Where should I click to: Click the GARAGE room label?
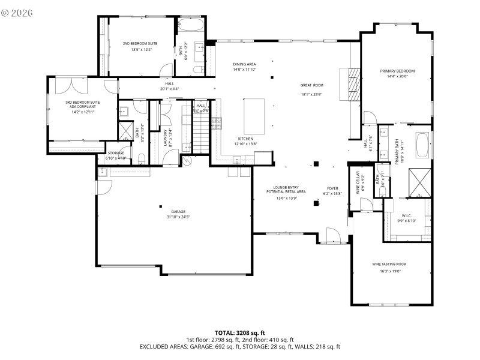click(178, 212)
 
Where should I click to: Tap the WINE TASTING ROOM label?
click(389, 264)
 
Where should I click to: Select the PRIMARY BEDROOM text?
click(397, 71)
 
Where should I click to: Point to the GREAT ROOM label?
click(312, 85)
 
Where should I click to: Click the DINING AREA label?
click(245, 64)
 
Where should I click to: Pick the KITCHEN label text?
click(245, 139)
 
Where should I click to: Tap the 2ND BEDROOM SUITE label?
click(140, 44)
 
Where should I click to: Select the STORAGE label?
click(115, 153)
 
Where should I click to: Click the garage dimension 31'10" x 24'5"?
click(178, 217)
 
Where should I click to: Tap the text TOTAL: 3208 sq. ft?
click(240, 332)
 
